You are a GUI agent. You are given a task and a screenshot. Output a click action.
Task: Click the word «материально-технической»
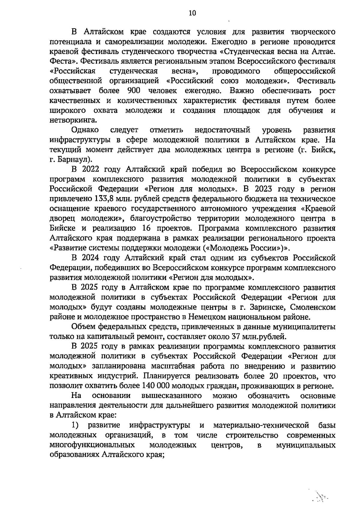tap(261, 425)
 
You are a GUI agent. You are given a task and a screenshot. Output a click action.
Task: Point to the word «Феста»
tap(61, 61)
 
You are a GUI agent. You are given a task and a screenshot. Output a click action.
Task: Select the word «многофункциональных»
tap(92, 445)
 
